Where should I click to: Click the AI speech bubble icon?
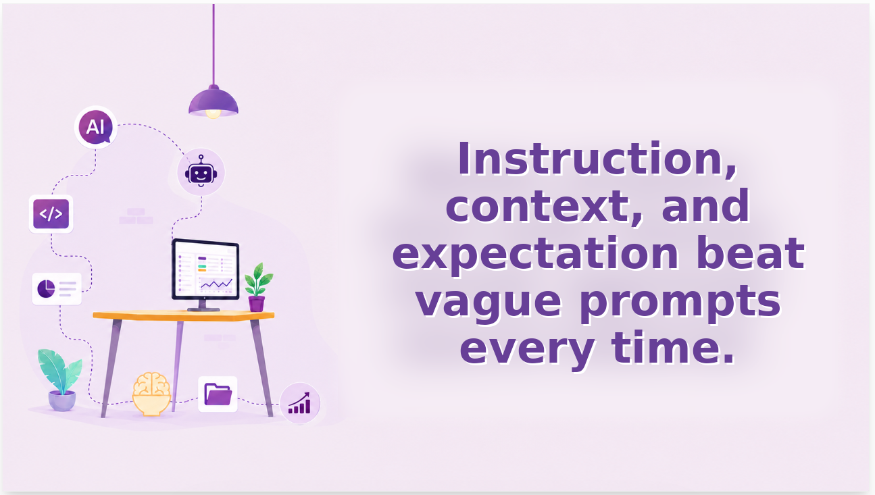96,127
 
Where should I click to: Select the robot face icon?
201,172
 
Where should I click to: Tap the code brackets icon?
51,214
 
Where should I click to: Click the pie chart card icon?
57,289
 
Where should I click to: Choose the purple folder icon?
218,394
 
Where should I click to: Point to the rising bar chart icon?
299,403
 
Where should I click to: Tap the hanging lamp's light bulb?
214,113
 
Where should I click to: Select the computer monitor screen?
205,269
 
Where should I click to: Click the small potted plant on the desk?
257,287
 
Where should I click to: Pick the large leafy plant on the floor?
60,380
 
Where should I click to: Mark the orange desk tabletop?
184,316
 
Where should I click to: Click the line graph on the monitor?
216,284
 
